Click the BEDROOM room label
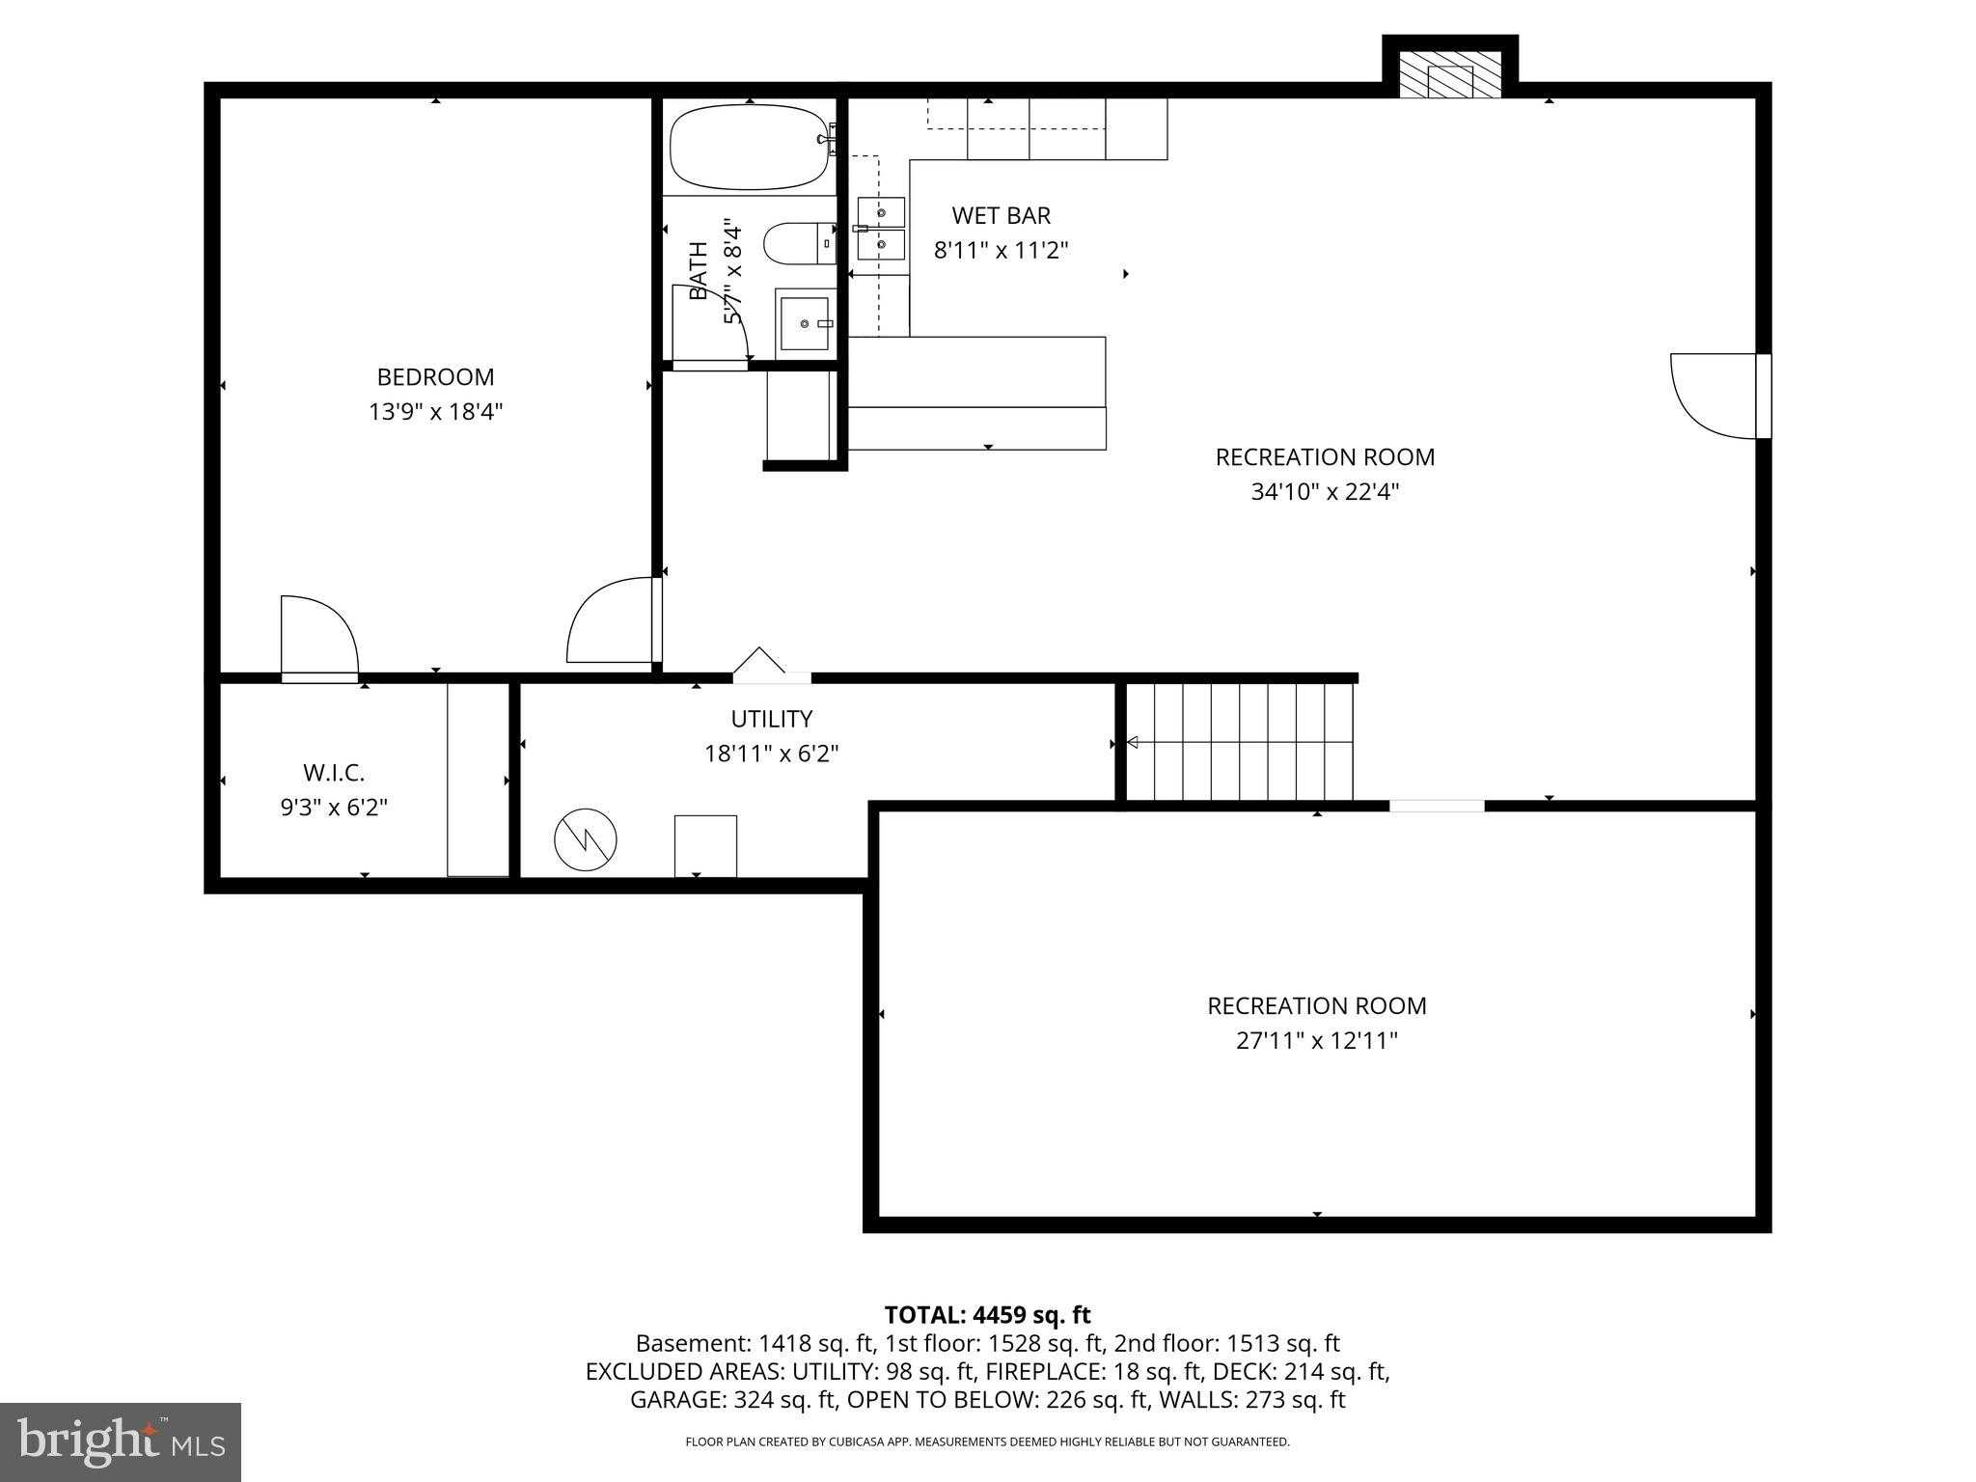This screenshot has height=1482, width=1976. [x=435, y=377]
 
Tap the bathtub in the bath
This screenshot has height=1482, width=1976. [x=750, y=147]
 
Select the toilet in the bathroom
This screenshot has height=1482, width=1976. [x=800, y=242]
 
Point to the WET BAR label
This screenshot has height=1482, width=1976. [x=1001, y=215]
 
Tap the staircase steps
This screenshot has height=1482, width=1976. [x=1241, y=742]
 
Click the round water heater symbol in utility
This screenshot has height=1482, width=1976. [x=586, y=838]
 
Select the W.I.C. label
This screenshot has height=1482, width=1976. [x=334, y=773]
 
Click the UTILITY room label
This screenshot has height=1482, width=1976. [x=771, y=719]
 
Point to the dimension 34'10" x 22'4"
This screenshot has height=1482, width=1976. [x=1325, y=492]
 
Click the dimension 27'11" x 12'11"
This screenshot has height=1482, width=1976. [x=1317, y=1041]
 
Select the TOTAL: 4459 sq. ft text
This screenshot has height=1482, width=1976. [x=987, y=1314]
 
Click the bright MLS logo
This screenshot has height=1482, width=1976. [x=121, y=1441]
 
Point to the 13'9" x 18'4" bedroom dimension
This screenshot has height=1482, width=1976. [x=435, y=412]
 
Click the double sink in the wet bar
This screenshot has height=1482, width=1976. [x=881, y=230]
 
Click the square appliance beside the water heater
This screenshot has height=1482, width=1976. [x=705, y=846]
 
